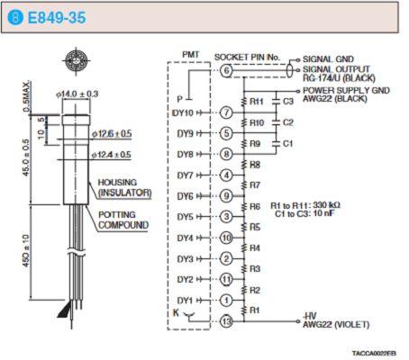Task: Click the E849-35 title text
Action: [x=57, y=18]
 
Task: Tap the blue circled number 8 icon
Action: [x=15, y=17]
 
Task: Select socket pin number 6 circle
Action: [x=226, y=71]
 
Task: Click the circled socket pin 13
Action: [x=226, y=321]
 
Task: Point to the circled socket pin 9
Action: [x=226, y=196]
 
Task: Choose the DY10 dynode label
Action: [x=183, y=113]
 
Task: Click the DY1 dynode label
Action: [x=185, y=301]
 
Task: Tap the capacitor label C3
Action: [x=288, y=102]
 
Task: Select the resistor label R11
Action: [x=257, y=102]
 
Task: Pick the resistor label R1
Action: [x=254, y=310]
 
